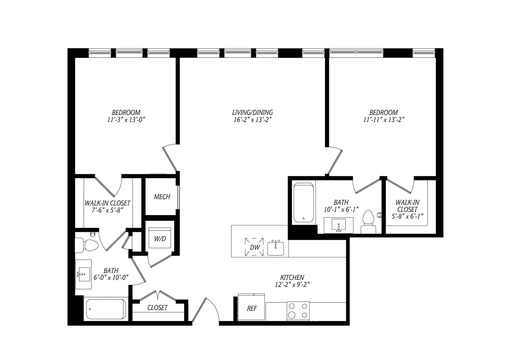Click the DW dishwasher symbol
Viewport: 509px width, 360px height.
click(254, 247)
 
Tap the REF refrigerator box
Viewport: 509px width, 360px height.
click(251, 307)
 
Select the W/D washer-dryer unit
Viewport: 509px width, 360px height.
click(160, 238)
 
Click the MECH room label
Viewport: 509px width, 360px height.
click(162, 197)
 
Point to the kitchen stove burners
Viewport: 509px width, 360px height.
click(298, 311)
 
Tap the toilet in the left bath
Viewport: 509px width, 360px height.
click(87, 245)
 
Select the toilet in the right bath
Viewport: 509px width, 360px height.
click(368, 222)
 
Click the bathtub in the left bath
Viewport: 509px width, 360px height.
click(106, 309)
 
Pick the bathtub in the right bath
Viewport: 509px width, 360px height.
click(304, 203)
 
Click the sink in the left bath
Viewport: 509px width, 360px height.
click(83, 274)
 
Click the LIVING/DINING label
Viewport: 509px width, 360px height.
click(252, 112)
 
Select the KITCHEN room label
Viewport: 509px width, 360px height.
click(292, 278)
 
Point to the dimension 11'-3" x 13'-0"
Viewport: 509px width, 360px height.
click(126, 120)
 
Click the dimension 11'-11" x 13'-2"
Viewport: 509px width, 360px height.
click(384, 120)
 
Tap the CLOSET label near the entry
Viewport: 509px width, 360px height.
click(157, 308)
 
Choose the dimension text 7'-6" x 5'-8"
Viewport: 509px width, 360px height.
click(107, 211)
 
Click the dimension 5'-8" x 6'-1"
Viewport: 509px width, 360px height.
click(407, 216)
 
